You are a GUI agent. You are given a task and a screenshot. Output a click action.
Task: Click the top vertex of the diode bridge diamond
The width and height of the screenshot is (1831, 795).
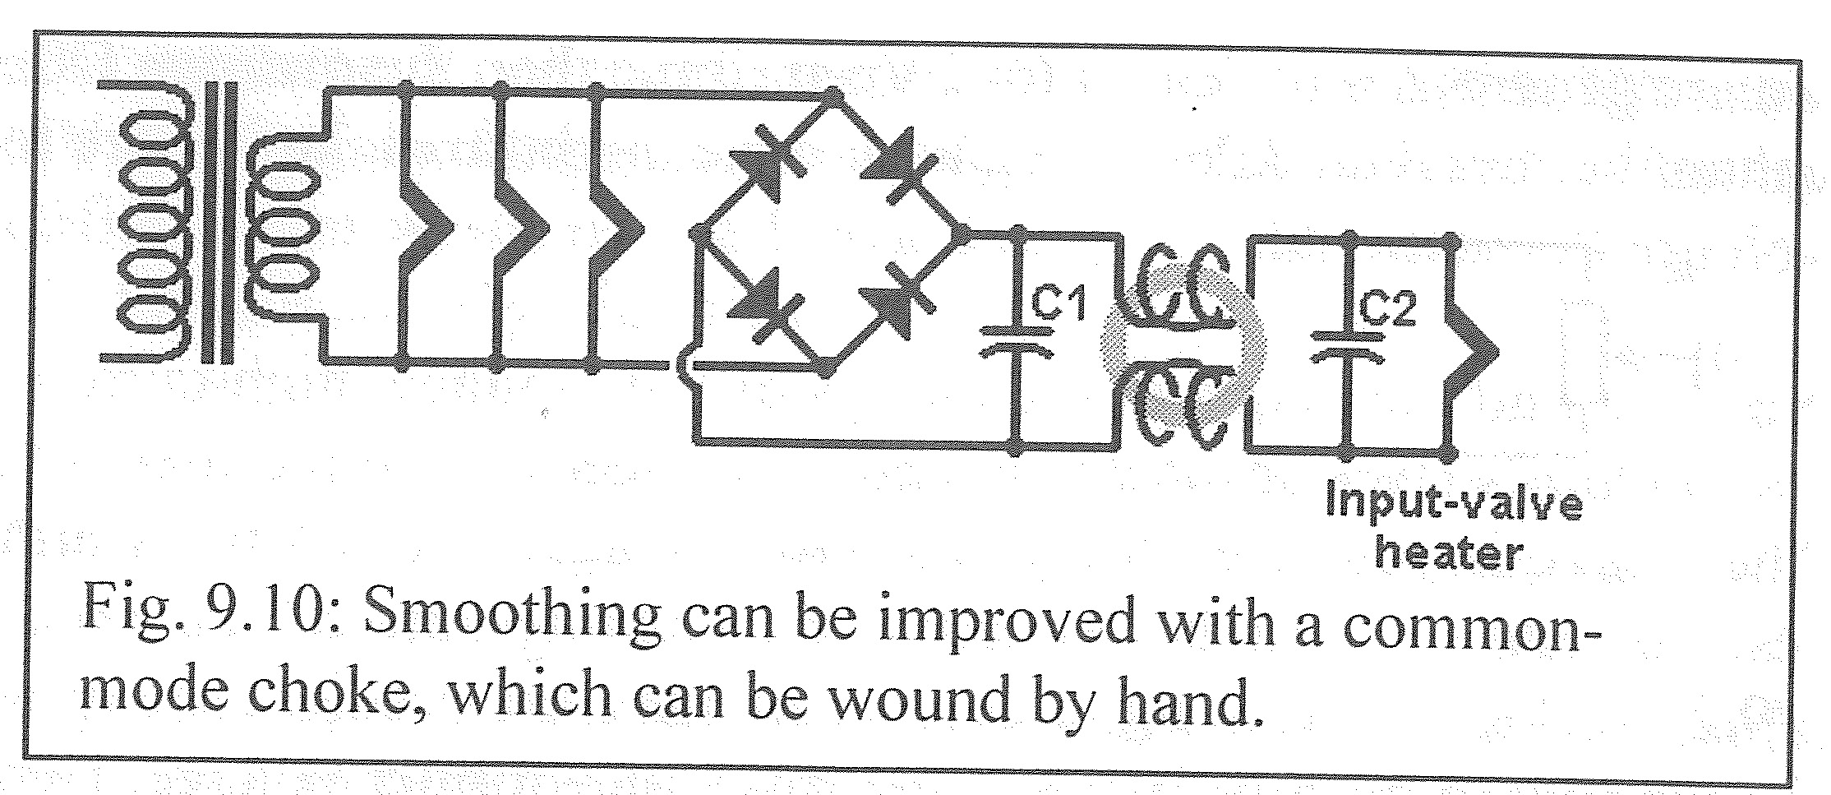837,95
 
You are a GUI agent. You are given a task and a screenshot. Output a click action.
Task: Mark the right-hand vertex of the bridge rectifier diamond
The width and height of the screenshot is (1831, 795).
968,233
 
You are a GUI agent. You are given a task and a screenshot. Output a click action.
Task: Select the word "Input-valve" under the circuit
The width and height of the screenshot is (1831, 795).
1454,502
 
